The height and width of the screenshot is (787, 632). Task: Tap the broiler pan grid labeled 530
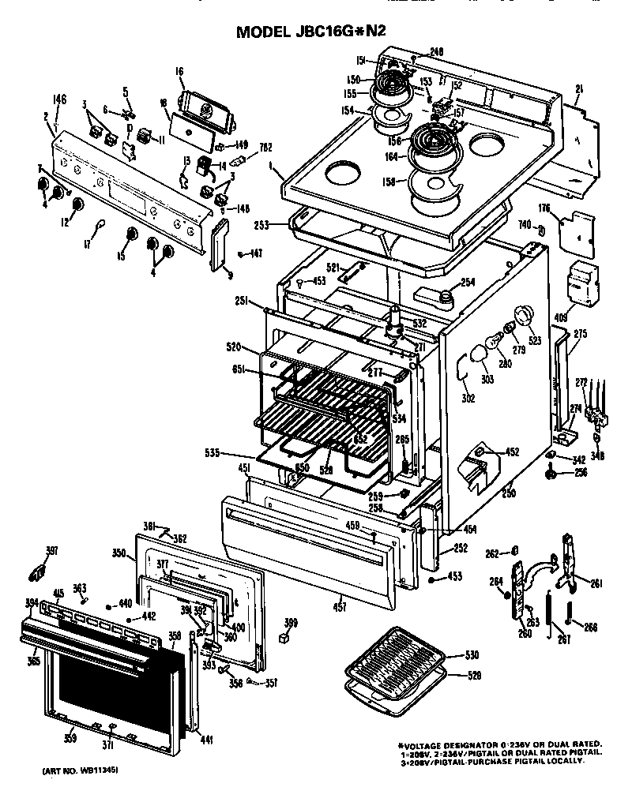(395, 661)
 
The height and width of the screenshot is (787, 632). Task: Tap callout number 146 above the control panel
(58, 99)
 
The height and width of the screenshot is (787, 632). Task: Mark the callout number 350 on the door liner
(119, 553)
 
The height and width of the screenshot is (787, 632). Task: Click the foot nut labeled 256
(547, 474)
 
